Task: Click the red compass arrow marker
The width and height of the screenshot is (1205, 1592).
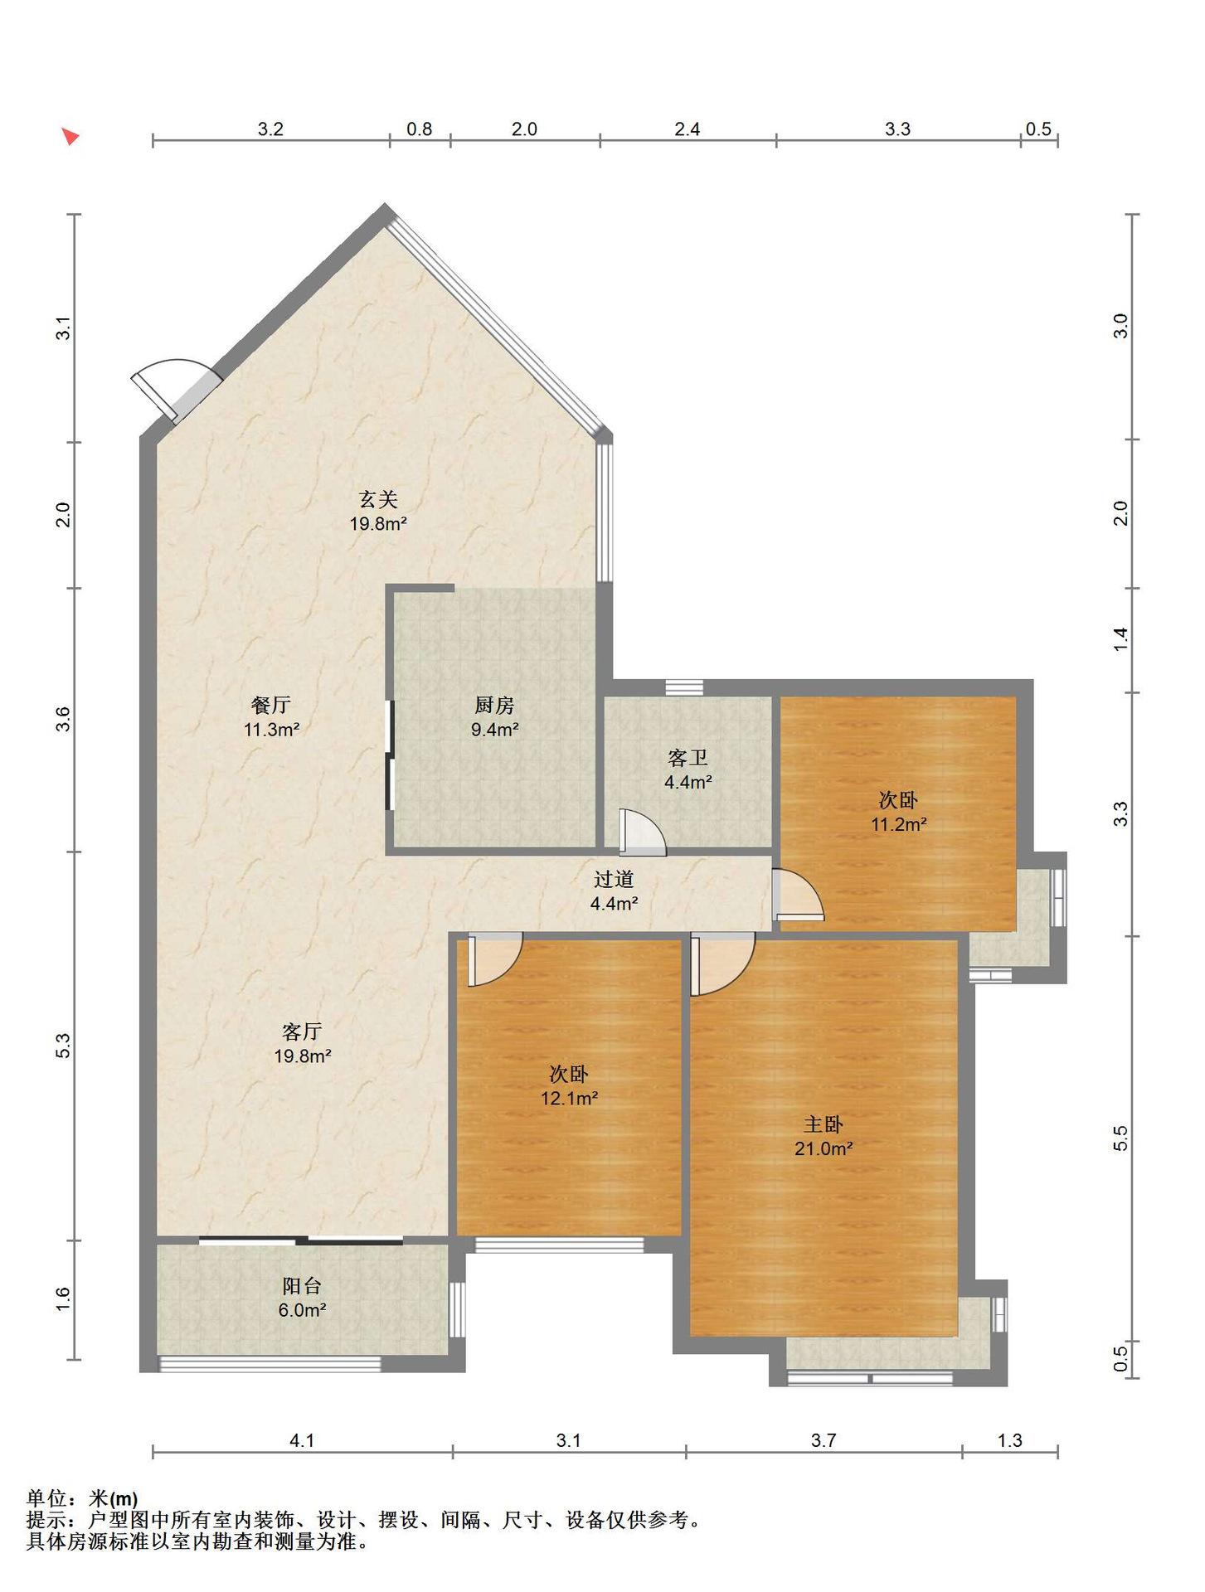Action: tap(70, 137)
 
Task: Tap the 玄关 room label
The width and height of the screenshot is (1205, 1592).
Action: tap(378, 499)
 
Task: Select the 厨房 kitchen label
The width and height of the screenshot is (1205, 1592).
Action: tap(494, 706)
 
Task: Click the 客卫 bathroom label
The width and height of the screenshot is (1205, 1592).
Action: tap(688, 758)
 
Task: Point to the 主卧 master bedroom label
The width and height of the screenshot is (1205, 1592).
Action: tap(824, 1124)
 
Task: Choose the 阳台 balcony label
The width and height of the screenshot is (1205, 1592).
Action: tap(302, 1287)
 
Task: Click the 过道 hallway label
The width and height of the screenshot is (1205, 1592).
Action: tap(614, 880)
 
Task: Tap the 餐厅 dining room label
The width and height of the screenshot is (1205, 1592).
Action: tap(271, 706)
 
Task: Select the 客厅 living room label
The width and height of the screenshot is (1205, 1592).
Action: tap(302, 1031)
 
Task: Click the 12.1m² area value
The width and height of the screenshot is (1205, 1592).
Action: tap(569, 1099)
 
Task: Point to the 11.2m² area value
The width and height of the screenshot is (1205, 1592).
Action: tap(898, 824)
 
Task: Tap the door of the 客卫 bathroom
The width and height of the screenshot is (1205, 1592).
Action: tap(642, 832)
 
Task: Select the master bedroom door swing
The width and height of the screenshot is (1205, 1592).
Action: tap(722, 963)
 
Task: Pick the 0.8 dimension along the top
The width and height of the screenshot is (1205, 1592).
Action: tap(420, 129)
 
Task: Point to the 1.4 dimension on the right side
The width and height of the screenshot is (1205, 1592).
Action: tap(1120, 639)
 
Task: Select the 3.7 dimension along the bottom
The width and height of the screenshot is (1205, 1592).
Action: tap(824, 1441)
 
